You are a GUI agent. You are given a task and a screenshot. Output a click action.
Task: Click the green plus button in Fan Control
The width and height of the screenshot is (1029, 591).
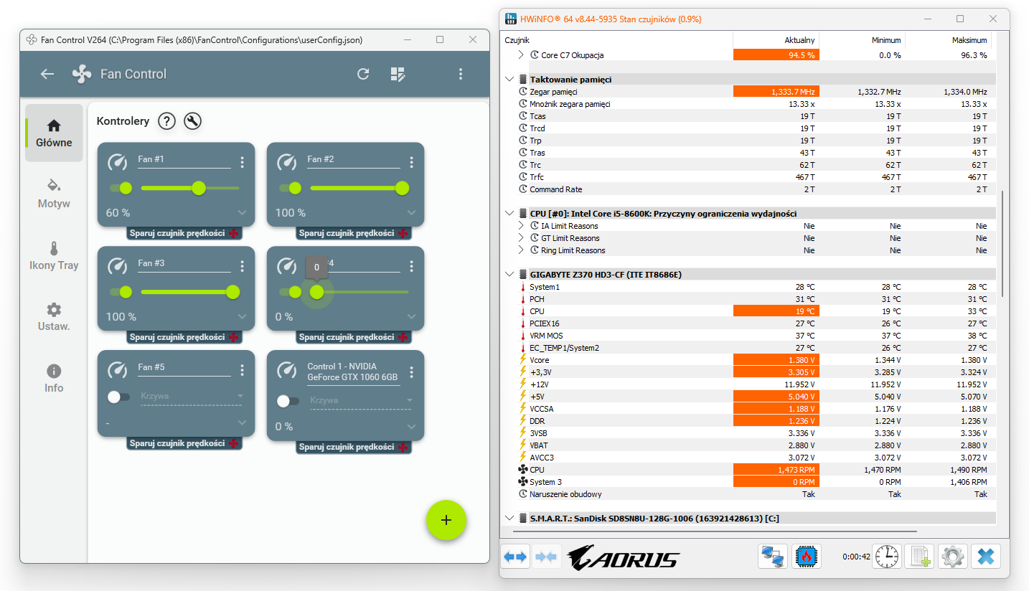446,520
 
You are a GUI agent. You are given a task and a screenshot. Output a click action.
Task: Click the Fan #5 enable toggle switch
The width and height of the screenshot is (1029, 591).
118,397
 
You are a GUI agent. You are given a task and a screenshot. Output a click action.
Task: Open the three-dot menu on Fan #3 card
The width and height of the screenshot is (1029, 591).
242,266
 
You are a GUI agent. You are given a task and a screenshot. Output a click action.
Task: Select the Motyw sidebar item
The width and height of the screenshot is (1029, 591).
54,194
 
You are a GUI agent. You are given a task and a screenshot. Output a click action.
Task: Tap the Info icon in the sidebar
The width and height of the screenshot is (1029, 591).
54,371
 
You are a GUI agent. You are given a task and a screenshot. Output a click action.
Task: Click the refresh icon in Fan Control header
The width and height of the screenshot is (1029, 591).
363,74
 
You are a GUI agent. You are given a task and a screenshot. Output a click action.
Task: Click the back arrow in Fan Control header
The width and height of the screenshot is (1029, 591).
47,74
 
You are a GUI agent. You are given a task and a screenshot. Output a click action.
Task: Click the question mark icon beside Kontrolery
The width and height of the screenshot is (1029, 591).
166,121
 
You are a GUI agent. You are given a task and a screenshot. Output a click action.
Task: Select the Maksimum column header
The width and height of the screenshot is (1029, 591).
969,40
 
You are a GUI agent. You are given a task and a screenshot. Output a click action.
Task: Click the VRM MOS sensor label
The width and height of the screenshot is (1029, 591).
546,336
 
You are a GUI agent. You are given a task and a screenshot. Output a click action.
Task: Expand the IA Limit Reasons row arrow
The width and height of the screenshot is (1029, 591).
520,225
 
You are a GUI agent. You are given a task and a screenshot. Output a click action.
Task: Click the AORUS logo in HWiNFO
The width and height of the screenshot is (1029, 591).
624,557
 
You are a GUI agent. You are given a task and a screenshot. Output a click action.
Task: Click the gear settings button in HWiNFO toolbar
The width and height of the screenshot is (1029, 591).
952,557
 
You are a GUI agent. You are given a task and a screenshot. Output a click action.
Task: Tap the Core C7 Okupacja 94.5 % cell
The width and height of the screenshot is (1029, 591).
776,55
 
